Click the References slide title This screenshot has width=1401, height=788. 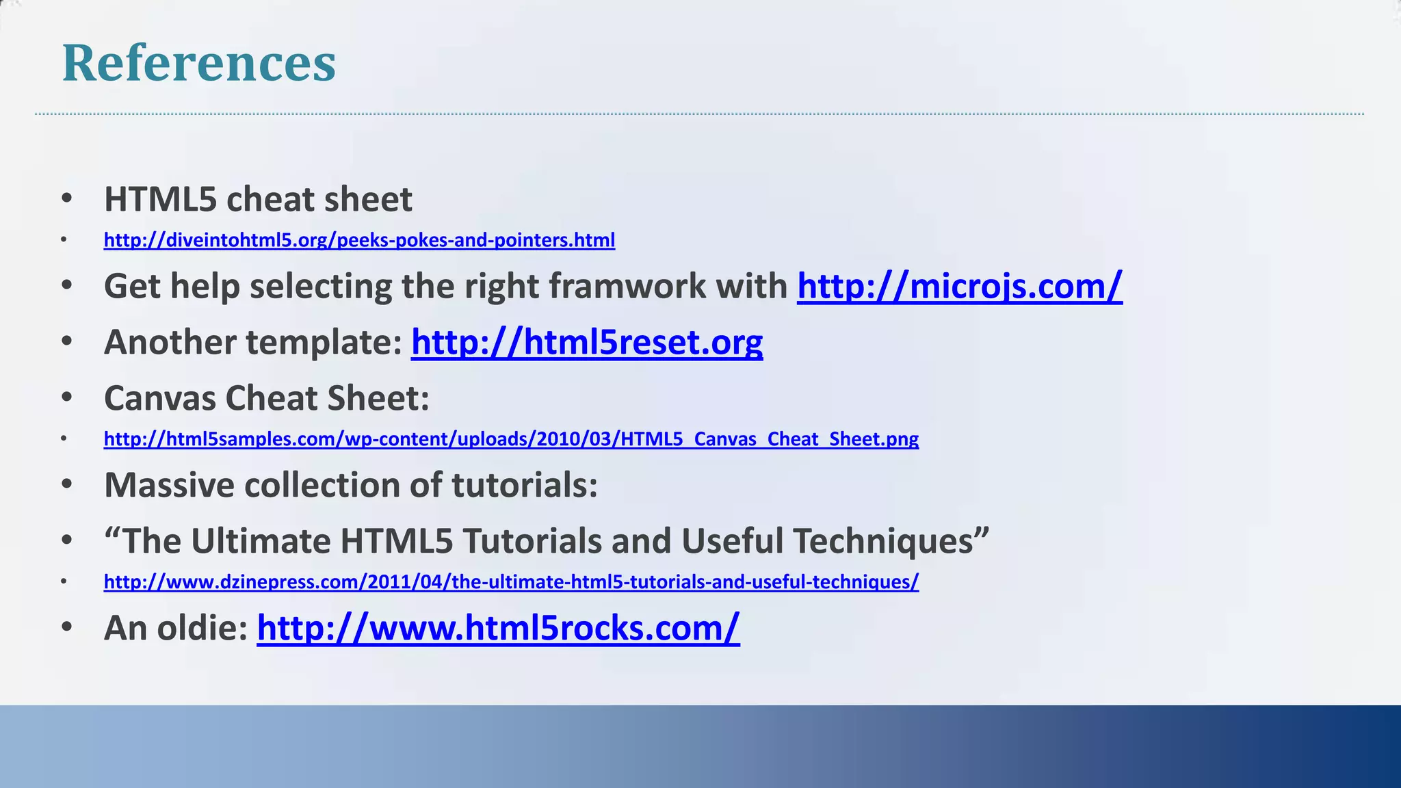click(x=198, y=63)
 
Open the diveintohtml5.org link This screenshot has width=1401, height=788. click(x=359, y=240)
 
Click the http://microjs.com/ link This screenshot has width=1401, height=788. click(x=959, y=286)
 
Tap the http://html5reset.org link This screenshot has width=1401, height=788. click(x=586, y=342)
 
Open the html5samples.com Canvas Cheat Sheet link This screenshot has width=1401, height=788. click(x=511, y=438)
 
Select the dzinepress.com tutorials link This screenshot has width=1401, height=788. click(x=511, y=581)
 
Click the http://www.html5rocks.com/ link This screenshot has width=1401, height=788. click(x=498, y=628)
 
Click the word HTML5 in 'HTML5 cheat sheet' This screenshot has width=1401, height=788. click(x=160, y=200)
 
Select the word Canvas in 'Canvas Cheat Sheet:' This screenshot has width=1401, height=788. click(x=159, y=398)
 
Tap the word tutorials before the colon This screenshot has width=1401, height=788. click(x=524, y=485)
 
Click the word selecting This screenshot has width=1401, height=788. click(x=321, y=286)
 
